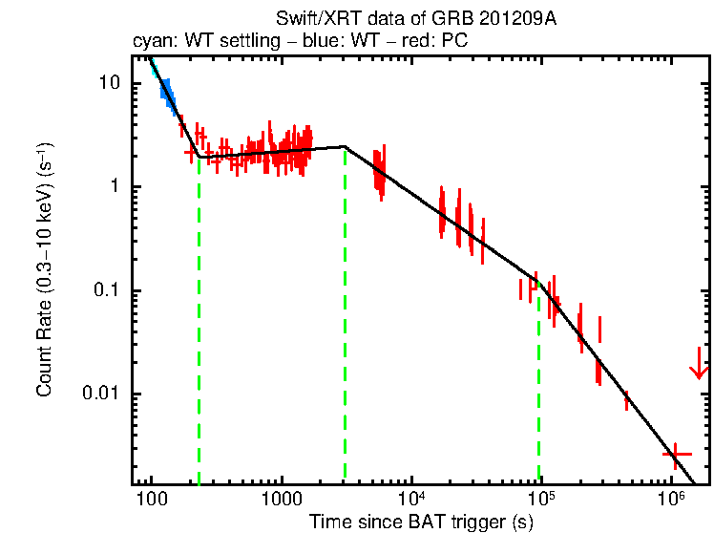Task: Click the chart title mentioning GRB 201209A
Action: (415, 19)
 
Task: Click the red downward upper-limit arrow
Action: (700, 366)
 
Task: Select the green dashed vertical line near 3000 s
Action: (345, 315)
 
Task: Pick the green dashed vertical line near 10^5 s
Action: (539, 382)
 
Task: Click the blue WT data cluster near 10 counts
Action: (167, 93)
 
